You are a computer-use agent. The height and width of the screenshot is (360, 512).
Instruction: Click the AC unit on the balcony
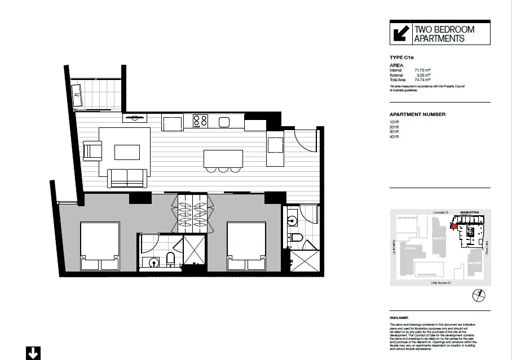pos(77,94)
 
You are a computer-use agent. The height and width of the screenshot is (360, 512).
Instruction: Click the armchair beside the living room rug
pos(92,151)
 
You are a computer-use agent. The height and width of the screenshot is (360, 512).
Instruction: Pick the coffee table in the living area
pos(127,152)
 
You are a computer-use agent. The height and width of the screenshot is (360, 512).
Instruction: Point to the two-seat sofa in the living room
pos(127,178)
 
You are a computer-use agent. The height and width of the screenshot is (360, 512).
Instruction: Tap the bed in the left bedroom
pos(100,247)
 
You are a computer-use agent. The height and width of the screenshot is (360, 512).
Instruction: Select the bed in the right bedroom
pos(246,247)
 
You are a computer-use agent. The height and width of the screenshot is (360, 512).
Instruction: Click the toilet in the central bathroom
pos(171,259)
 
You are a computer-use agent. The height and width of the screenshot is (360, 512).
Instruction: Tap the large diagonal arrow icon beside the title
pos(400,34)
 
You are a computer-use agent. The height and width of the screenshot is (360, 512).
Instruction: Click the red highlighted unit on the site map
pos(453,226)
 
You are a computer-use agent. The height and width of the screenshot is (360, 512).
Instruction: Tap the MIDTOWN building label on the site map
pos(474,263)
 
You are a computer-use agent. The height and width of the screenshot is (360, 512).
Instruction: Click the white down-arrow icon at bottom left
pos(33,353)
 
